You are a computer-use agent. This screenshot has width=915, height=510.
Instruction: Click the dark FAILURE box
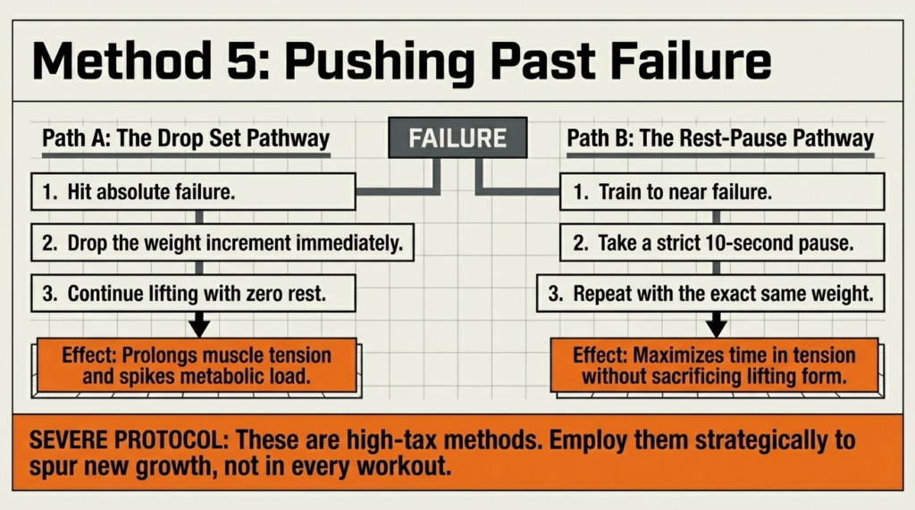coord(457,138)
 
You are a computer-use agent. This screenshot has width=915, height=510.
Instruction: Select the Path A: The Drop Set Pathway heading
coord(186,139)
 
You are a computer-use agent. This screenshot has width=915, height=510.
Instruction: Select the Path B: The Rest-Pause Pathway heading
coord(720,139)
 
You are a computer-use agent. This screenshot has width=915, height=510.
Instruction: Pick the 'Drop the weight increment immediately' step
coord(223,242)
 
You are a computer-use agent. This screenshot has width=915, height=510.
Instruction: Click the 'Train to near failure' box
coord(722,192)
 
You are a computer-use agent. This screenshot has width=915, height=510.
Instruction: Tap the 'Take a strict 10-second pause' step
coord(722,242)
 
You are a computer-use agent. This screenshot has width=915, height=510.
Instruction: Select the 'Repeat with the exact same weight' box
coord(710,292)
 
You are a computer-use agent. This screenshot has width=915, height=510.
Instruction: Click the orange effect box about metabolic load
coord(196,365)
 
